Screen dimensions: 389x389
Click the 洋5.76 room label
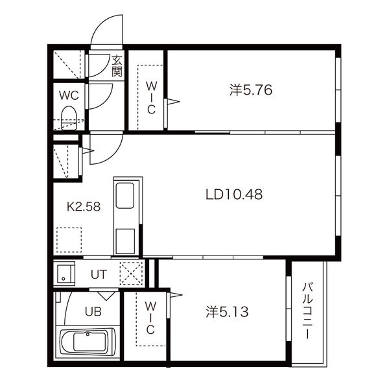pos(251,90)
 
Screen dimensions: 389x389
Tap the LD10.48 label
pos(234,194)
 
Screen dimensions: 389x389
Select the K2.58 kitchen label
pos(84,207)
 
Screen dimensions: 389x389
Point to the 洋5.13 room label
pos(228,312)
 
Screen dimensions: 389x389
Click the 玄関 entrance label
pos(117,65)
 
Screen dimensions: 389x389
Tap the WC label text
pos(69,95)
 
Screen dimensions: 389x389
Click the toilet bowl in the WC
pos(69,117)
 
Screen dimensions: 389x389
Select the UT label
pos(99,274)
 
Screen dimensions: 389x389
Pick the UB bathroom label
pos(93,312)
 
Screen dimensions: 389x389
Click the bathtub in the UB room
pos(88,342)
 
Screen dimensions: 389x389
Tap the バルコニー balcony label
pos(307,311)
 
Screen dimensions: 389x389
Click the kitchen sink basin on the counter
pos(125,196)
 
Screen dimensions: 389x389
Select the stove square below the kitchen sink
pos(125,241)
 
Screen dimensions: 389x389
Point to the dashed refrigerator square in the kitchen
pos(69,240)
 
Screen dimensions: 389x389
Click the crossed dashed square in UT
pos(131,274)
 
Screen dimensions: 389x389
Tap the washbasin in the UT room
pos(64,274)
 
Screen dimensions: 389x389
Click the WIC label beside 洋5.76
pos(151,98)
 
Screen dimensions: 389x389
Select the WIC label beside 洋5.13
pos(150,318)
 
